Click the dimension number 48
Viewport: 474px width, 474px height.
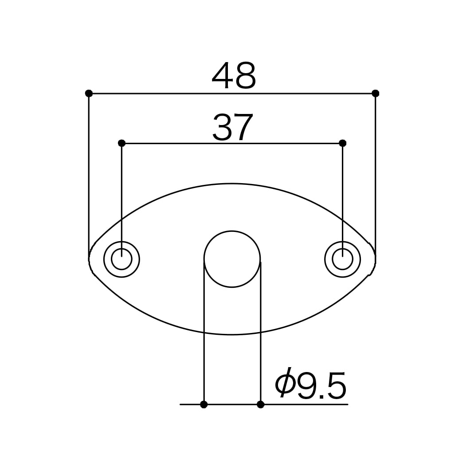234,75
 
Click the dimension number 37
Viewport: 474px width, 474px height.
233,127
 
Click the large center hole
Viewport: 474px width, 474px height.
232,259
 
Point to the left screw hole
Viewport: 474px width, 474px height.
121,259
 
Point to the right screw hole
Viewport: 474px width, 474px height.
342,259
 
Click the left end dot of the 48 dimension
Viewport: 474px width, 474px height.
89,93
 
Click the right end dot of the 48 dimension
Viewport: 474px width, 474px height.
375,93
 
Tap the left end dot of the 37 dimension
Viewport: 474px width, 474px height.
121,143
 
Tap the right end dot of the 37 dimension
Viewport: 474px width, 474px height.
342,143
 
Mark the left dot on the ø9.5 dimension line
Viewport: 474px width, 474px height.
204,404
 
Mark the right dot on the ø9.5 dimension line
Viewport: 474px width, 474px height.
260,404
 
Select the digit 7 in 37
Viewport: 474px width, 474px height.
245,127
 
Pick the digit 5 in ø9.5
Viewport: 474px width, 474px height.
337,386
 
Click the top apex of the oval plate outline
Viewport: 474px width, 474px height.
232,184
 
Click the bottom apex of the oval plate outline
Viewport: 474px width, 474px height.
232,334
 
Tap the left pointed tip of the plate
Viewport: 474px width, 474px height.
90,259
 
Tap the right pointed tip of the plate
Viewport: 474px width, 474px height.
375,259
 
